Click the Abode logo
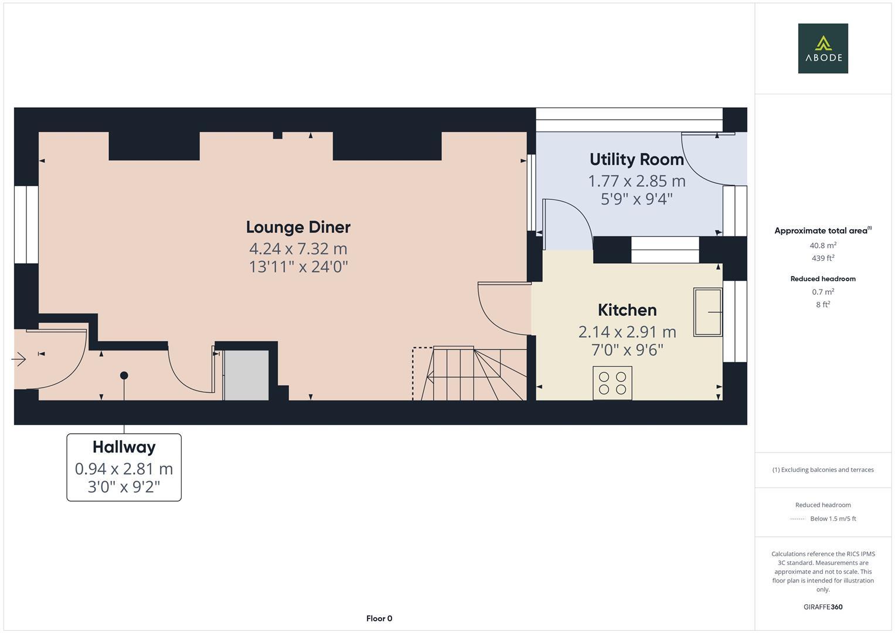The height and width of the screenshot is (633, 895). click(823, 49)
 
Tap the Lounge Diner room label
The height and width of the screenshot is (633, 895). click(298, 227)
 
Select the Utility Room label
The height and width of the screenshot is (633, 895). click(637, 159)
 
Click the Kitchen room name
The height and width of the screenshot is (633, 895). click(627, 310)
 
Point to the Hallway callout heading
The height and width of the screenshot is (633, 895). click(124, 447)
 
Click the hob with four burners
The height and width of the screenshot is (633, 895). click(612, 383)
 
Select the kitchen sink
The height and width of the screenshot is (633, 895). click(707, 312)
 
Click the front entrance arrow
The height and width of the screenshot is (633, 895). click(19, 359)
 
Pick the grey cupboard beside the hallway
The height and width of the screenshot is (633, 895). click(247, 375)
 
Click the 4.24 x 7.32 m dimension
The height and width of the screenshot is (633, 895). click(298, 249)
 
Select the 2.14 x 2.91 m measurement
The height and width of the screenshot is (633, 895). click(627, 332)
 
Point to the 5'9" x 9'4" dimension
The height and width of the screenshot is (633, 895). click(637, 199)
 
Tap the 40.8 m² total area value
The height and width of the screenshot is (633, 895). click(823, 246)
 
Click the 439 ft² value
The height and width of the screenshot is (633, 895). click(823, 258)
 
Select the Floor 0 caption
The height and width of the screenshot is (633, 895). click(379, 618)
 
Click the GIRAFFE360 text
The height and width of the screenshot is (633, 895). click(823, 607)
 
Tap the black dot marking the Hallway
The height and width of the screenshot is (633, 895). click(124, 375)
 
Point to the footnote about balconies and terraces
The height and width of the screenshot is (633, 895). click(823, 469)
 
